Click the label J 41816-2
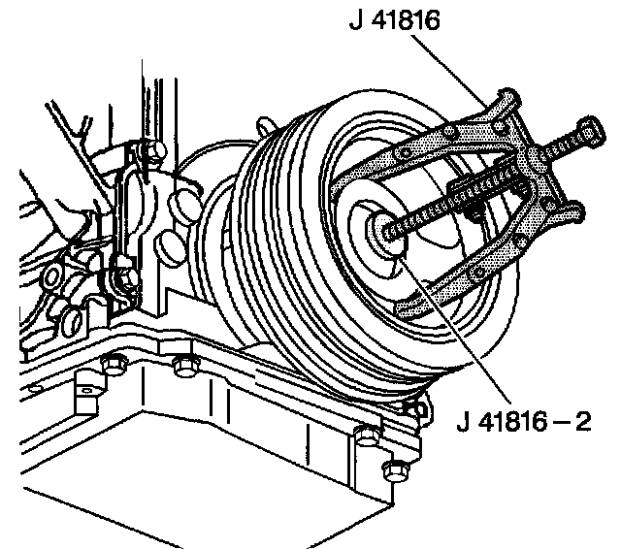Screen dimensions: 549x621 (x=522, y=421)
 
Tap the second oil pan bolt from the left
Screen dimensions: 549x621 (x=182, y=367)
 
